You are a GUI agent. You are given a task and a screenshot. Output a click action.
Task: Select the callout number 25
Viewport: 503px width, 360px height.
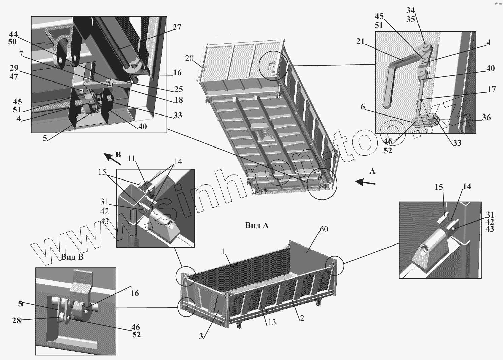[178, 89]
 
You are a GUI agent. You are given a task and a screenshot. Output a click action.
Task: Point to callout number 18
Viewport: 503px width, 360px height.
[179, 100]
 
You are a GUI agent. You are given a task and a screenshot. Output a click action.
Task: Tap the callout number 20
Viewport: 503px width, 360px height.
[189, 58]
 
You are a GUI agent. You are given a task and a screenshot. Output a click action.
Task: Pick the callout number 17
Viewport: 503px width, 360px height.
[491, 89]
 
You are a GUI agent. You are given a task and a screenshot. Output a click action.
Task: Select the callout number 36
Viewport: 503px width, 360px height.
[486, 118]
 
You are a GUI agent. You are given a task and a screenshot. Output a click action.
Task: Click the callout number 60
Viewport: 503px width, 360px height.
[324, 229]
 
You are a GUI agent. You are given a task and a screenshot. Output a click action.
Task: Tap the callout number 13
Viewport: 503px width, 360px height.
[272, 322]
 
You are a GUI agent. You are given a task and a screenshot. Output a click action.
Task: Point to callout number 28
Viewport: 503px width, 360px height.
[16, 321]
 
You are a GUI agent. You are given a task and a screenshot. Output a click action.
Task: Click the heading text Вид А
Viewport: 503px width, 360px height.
[257, 225]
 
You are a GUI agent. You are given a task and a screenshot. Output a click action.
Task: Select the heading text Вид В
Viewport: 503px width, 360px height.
[72, 257]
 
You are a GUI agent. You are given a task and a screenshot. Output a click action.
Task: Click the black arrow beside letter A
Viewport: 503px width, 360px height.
[365, 182]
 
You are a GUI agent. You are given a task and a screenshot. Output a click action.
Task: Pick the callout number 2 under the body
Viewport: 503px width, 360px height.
[302, 318]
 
